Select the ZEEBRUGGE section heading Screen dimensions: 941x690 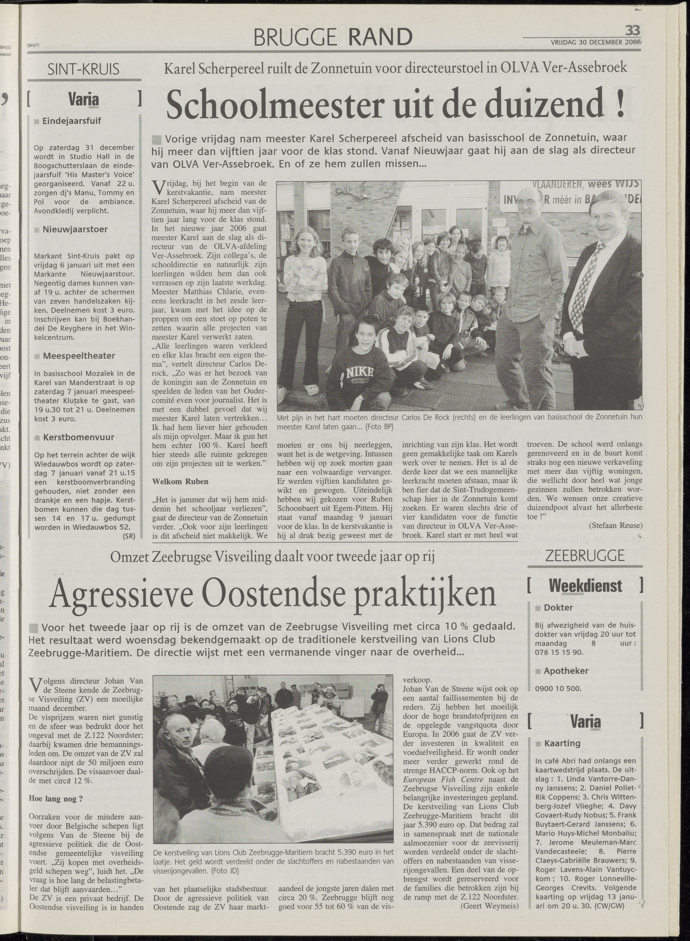click(585, 556)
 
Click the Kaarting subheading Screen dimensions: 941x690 click(562, 743)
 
